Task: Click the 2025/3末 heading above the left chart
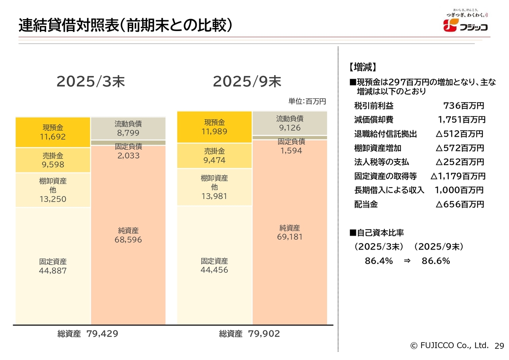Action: [91, 81]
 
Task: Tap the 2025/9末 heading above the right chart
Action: [247, 81]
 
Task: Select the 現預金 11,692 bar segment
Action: [53, 132]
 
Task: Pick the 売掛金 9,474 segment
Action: [214, 156]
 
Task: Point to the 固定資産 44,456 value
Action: [214, 270]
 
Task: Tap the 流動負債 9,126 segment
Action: [289, 123]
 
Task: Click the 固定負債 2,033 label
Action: [128, 151]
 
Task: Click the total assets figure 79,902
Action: [264, 334]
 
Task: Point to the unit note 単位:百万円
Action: [307, 101]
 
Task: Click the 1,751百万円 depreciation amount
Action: [462, 120]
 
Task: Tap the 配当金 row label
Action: [366, 205]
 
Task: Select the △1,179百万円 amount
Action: [458, 176]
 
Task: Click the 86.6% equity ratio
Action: [436, 261]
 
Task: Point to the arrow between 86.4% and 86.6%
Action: [407, 261]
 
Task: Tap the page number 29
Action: [499, 346]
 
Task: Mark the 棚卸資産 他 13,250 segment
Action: [53, 190]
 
